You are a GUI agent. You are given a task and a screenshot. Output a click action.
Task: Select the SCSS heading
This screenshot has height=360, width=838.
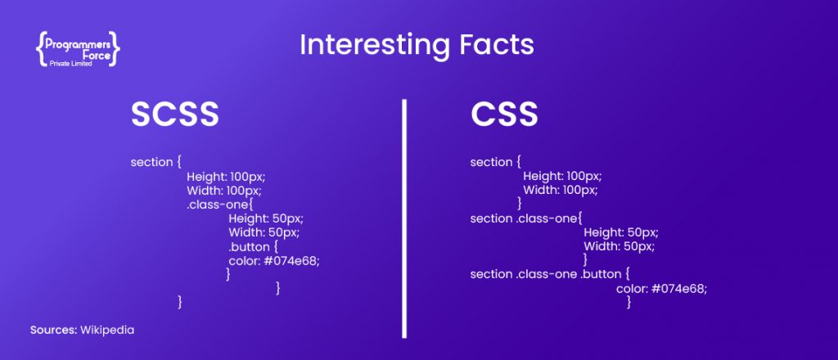[175, 115]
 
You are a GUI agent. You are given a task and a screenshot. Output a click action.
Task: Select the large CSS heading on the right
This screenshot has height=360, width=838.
[504, 115]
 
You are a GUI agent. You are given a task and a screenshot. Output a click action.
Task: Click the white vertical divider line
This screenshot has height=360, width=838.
[404, 218]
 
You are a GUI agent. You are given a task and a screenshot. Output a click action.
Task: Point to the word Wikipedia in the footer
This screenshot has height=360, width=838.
[107, 330]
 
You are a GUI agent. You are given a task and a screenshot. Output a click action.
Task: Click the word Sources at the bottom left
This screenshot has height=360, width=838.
[53, 330]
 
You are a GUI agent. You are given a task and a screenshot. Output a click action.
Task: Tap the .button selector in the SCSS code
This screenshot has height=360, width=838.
[249, 247]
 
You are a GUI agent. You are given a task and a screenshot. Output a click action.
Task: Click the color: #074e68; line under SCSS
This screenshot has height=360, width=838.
[273, 261]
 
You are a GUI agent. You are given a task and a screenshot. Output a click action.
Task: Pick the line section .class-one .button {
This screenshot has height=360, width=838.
[551, 275]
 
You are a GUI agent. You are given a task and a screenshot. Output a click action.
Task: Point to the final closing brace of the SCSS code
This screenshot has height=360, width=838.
[180, 302]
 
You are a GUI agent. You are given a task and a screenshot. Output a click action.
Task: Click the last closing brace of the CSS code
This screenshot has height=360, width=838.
[629, 302]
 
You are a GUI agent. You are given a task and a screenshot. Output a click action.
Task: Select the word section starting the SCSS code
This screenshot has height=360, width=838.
[151, 162]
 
